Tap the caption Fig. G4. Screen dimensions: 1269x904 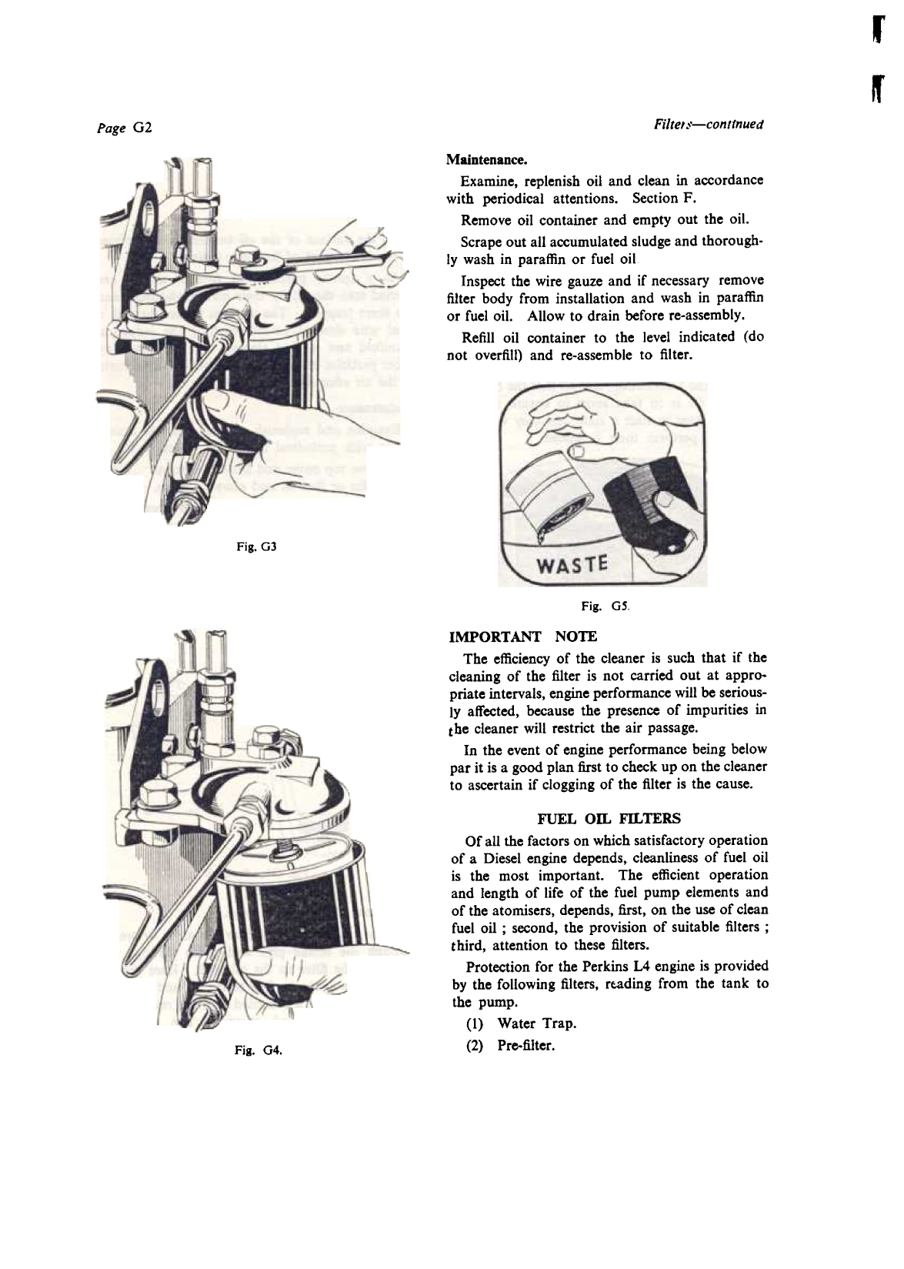(261, 1050)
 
